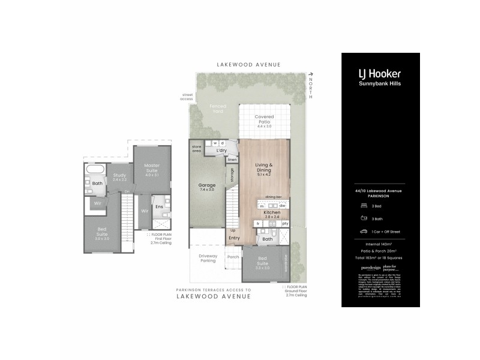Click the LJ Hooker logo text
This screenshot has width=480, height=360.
tap(379, 74)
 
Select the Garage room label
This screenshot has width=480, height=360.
tap(206, 185)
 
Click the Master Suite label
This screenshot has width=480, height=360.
tap(152, 168)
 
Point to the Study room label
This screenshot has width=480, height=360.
tap(119, 177)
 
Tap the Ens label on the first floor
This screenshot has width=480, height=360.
tap(159, 207)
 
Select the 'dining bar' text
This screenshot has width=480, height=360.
tap(274, 197)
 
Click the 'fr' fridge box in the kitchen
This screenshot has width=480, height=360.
tap(259, 223)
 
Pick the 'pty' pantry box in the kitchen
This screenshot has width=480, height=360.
tap(285, 223)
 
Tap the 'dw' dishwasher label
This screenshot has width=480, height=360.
tap(282, 206)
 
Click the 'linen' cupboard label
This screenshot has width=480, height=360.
tap(232, 160)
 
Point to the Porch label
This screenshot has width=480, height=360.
tap(233, 257)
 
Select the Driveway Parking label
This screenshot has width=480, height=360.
tap(207, 258)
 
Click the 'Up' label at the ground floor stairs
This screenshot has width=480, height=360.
tap(233, 230)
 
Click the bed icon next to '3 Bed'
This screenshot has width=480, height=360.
tap(364, 205)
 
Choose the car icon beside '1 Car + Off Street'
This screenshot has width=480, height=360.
tap(364, 230)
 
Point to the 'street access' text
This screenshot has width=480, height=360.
tap(186, 97)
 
